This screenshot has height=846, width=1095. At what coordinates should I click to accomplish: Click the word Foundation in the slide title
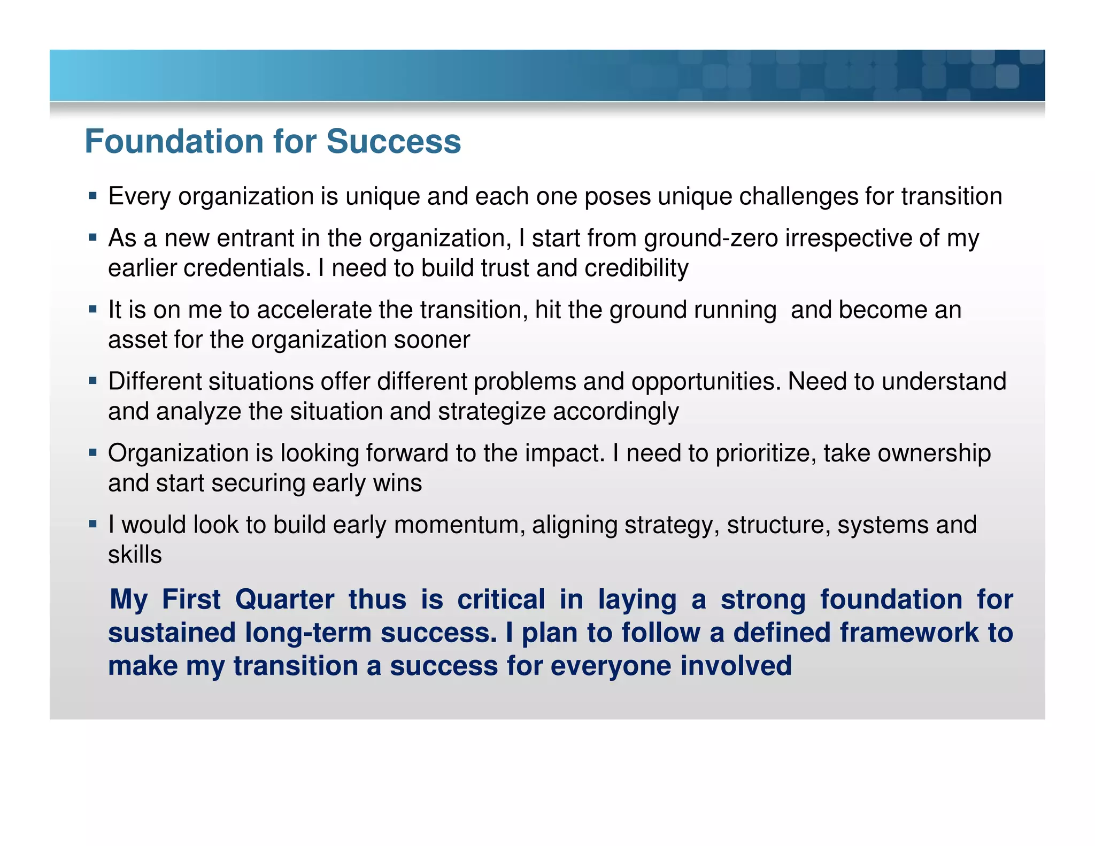coord(174,142)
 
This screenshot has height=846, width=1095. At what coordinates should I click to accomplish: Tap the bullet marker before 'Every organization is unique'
coord(93,196)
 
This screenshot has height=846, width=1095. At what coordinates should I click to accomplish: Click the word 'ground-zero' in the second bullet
coord(711,239)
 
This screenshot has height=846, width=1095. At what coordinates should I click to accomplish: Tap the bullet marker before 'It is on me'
coord(93,309)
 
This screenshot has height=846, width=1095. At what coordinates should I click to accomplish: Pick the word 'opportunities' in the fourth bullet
coord(706,382)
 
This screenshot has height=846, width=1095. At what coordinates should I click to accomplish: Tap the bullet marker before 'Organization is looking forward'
coord(93,452)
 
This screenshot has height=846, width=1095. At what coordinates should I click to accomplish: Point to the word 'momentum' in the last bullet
coord(459,525)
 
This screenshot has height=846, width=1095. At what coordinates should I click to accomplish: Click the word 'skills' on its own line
coord(135,555)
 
